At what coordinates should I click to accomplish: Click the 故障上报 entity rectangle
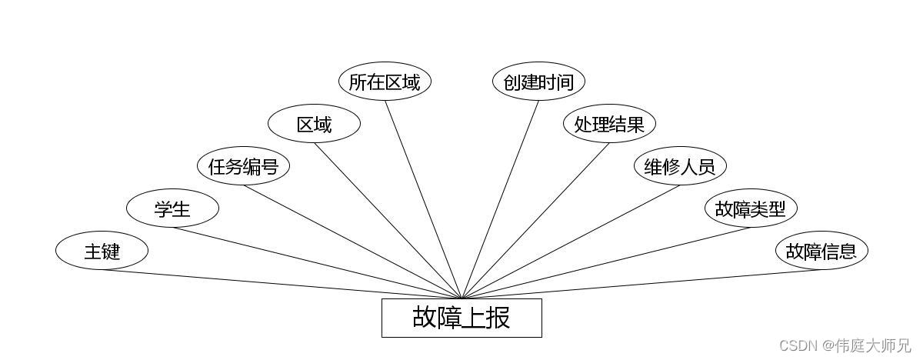pyautogui.click(x=461, y=318)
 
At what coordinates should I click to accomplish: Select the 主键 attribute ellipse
pyautogui.click(x=102, y=251)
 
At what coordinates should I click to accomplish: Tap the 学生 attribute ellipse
pyautogui.click(x=172, y=208)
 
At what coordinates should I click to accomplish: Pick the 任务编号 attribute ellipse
pyautogui.click(x=243, y=166)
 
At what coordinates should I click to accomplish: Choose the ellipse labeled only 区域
pyautogui.click(x=314, y=124)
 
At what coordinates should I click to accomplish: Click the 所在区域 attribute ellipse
pyautogui.click(x=385, y=82)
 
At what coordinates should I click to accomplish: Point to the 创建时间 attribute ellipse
pyautogui.click(x=538, y=82)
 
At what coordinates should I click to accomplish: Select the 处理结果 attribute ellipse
pyautogui.click(x=609, y=124)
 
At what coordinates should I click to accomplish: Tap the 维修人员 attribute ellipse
pyautogui.click(x=680, y=166)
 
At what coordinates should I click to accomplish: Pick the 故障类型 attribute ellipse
pyautogui.click(x=751, y=208)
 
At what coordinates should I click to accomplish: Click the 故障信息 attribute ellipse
pyautogui.click(x=821, y=251)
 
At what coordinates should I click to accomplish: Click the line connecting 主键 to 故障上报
pyautogui.click(x=282, y=284)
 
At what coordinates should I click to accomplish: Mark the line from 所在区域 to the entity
pyautogui.click(x=423, y=199)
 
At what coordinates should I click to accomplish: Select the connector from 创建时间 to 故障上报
pyautogui.click(x=500, y=199)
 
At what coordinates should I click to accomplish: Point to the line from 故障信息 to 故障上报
pyautogui.click(x=641, y=284)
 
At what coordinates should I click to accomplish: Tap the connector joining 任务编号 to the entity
pyautogui.click(x=352, y=242)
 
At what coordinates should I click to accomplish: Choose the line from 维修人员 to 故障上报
pyautogui.click(x=571, y=242)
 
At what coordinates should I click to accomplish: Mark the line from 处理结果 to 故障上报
pyautogui.click(x=535, y=221)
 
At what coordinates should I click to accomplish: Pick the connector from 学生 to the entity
pyautogui.click(x=317, y=263)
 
